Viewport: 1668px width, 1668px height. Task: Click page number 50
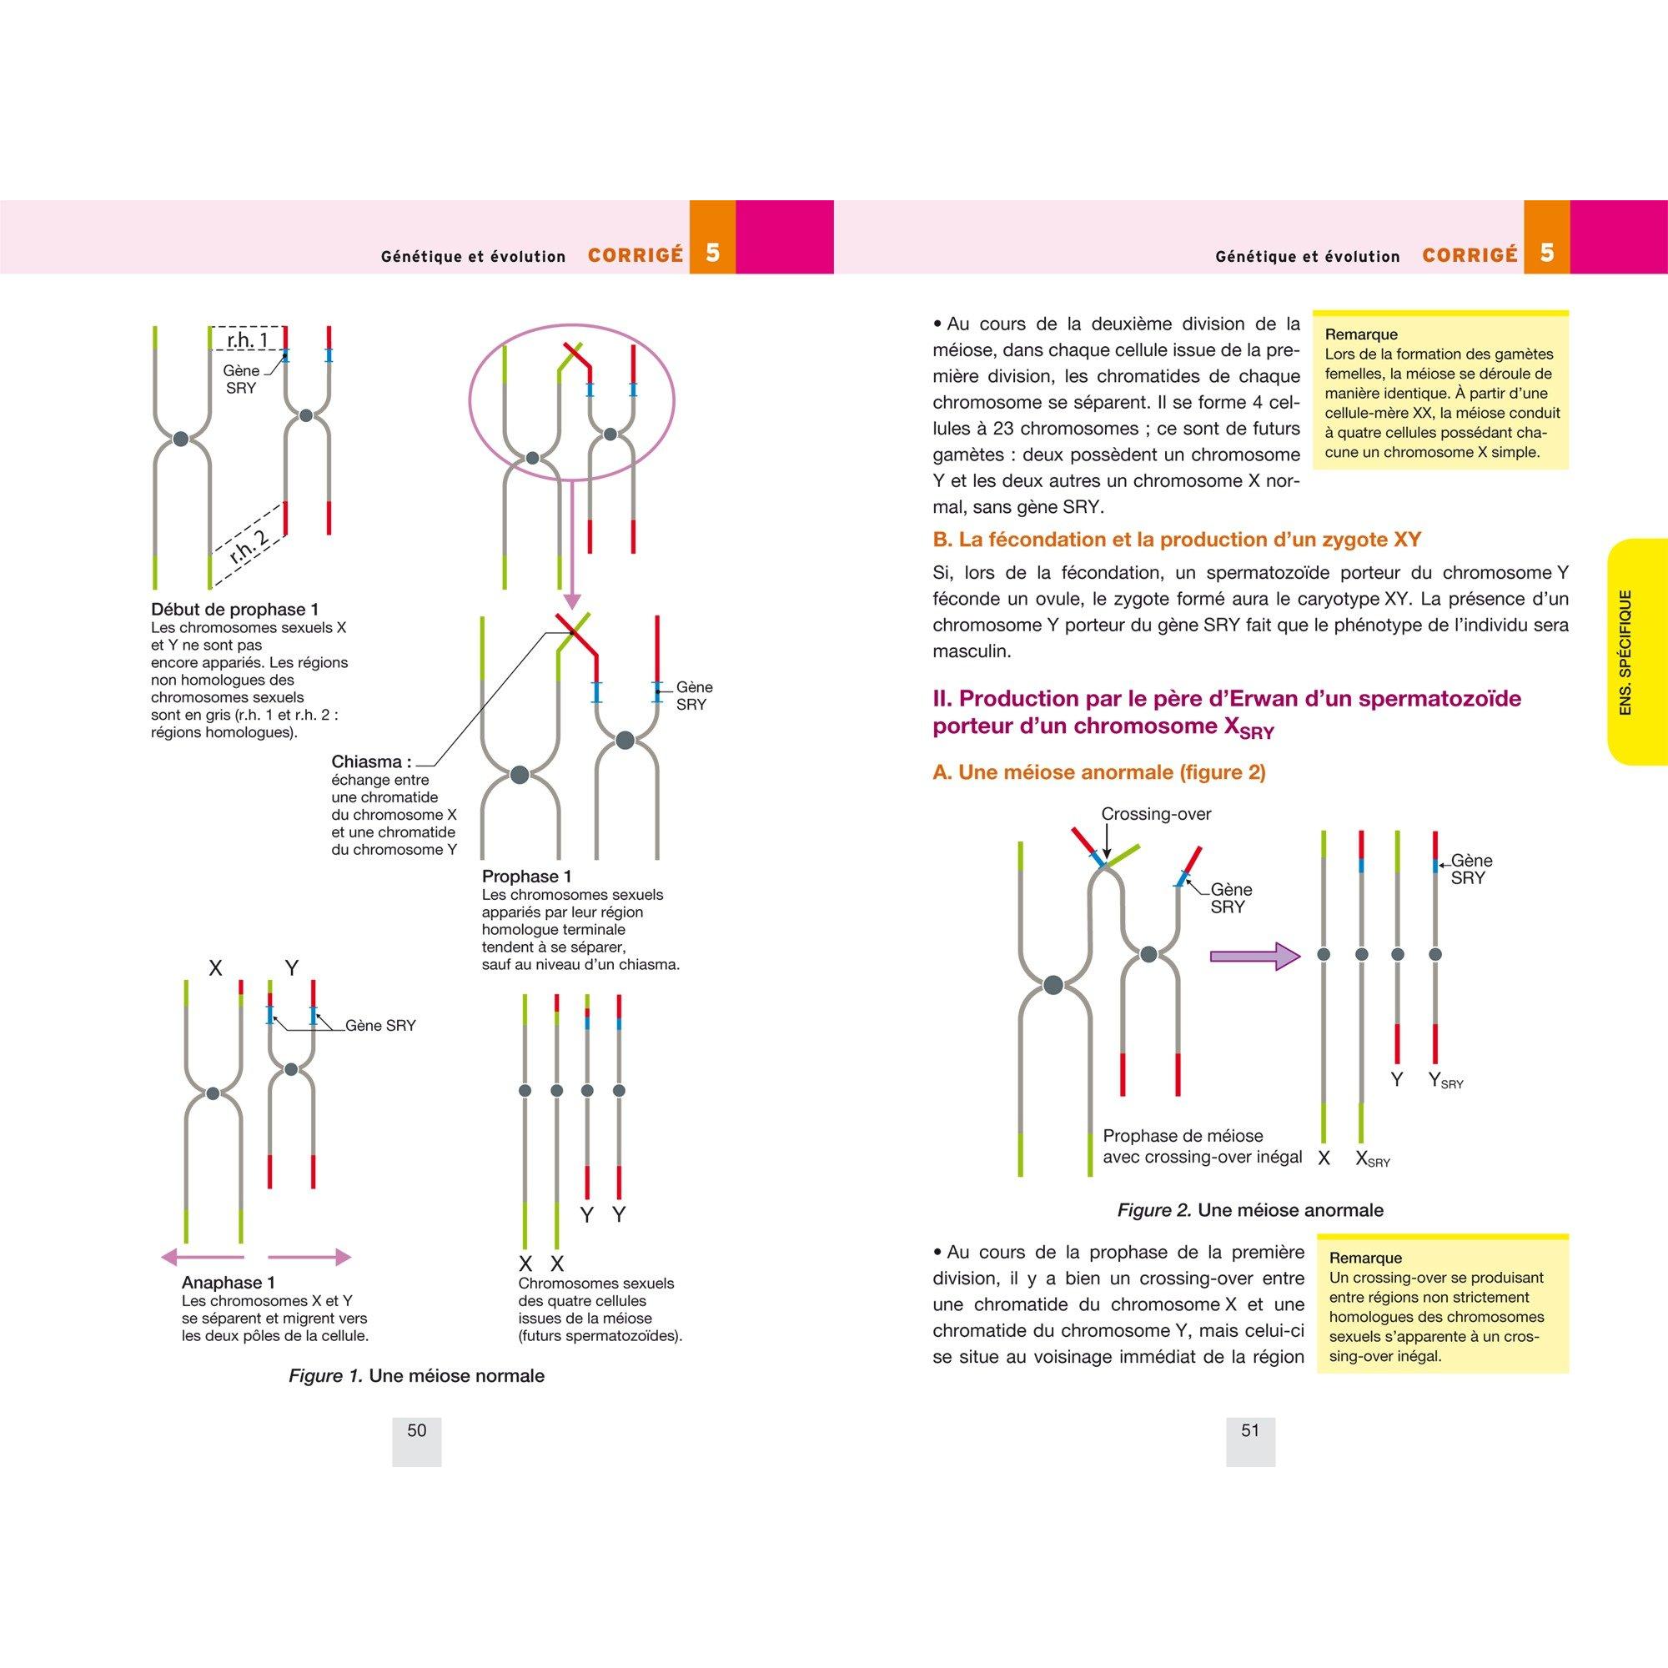pyautogui.click(x=416, y=1430)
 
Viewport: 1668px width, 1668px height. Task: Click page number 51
pyautogui.click(x=1250, y=1430)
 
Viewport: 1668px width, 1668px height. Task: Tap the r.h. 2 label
pyautogui.click(x=249, y=545)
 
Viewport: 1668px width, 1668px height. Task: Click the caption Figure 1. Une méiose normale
pyautogui.click(x=416, y=1375)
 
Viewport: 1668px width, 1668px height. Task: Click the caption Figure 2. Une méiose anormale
pyautogui.click(x=1250, y=1209)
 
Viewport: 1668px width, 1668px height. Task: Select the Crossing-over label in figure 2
pyautogui.click(x=1156, y=814)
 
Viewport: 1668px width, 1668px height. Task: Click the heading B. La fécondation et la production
pyautogui.click(x=1177, y=540)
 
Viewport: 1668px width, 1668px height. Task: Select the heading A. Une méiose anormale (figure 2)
pyautogui.click(x=1099, y=771)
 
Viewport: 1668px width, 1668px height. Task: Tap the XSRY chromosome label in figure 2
pyautogui.click(x=1373, y=1159)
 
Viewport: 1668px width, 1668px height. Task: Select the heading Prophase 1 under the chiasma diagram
pyautogui.click(x=526, y=877)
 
